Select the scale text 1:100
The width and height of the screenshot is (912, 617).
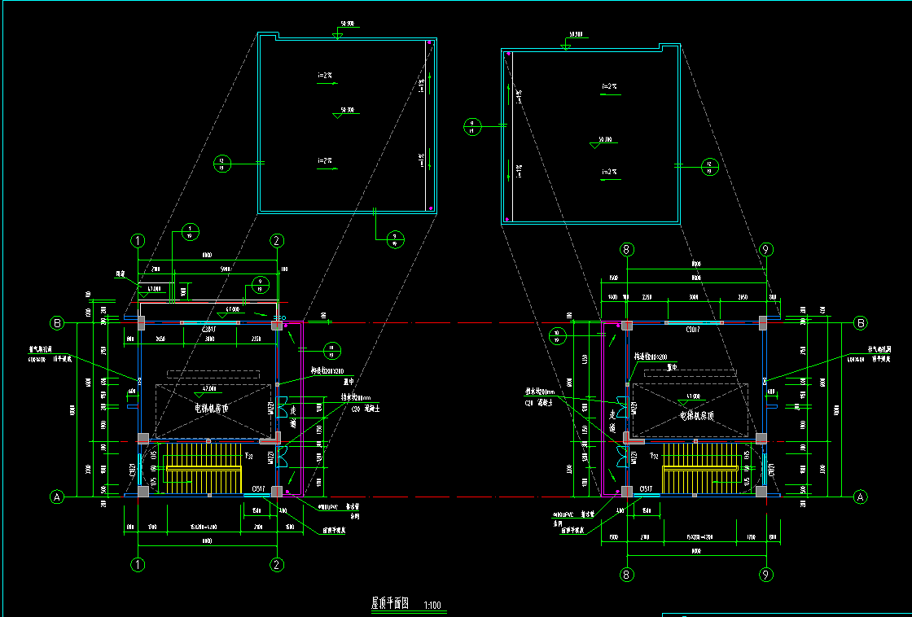pyautogui.click(x=432, y=605)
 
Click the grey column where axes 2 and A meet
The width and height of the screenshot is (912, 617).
pyautogui.click(x=277, y=491)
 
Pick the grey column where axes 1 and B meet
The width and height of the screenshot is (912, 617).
pyautogui.click(x=140, y=324)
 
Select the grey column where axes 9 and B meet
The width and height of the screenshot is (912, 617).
pyautogui.click(x=763, y=323)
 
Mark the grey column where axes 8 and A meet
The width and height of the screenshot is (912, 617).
pyautogui.click(x=626, y=491)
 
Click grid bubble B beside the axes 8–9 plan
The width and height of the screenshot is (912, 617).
pyautogui.click(x=861, y=323)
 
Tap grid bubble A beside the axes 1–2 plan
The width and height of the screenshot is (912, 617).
pyautogui.click(x=57, y=496)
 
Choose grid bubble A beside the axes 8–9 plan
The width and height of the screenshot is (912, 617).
pyautogui.click(x=860, y=496)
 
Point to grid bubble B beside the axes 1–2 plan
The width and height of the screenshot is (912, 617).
pyautogui.click(x=57, y=323)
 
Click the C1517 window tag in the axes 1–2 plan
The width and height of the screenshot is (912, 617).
pyautogui.click(x=260, y=488)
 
